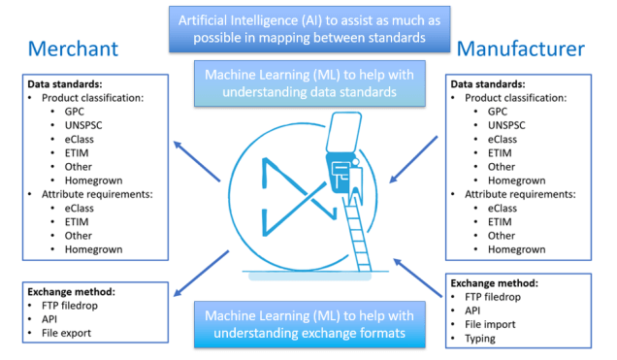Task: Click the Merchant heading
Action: coord(73,49)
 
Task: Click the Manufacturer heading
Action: coord(520,49)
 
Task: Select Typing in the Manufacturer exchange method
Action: coord(482,339)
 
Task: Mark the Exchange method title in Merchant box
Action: coord(71,290)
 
